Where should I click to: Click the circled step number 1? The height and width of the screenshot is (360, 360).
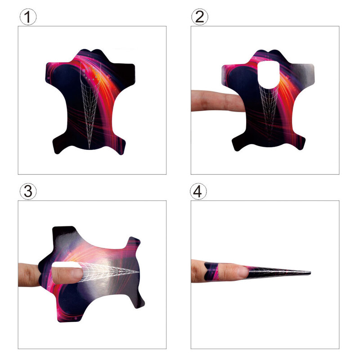pyautogui.click(x=28, y=17)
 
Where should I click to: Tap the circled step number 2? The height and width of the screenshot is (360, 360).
pyautogui.click(x=199, y=17)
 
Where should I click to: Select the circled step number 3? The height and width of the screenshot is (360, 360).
pyautogui.click(x=28, y=191)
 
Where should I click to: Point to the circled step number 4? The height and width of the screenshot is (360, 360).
pyautogui.click(x=198, y=191)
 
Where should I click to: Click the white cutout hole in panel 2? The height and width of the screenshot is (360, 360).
pyautogui.click(x=268, y=74)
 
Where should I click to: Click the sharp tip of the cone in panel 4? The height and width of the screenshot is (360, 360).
pyautogui.click(x=310, y=273)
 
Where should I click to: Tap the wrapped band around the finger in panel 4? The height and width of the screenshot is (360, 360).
pyautogui.click(x=211, y=271)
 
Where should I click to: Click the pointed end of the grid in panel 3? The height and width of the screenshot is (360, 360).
pyautogui.click(x=139, y=272)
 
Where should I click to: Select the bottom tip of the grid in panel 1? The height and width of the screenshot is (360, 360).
pyautogui.click(x=89, y=148)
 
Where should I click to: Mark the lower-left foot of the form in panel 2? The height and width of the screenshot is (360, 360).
pyautogui.click(x=239, y=142)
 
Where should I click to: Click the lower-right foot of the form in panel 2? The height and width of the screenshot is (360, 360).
pyautogui.click(x=298, y=142)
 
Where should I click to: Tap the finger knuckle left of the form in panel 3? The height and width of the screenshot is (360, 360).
pyautogui.click(x=29, y=275)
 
